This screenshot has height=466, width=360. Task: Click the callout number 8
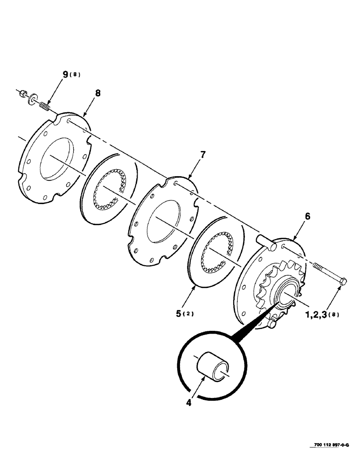coord(97,93)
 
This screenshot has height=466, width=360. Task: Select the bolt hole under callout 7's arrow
coord(175,184)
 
